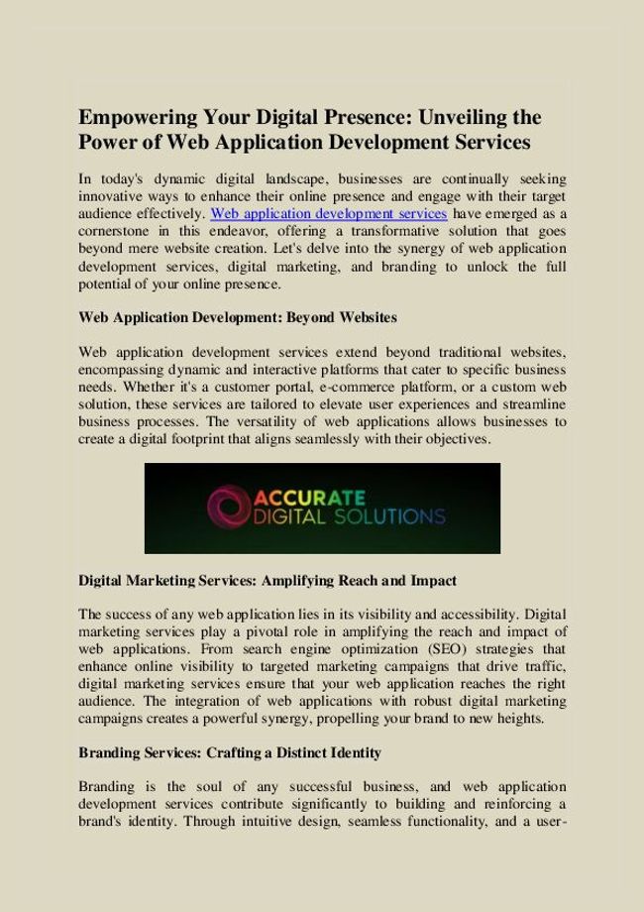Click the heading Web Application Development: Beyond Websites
point(237,317)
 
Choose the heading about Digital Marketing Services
point(267,578)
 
